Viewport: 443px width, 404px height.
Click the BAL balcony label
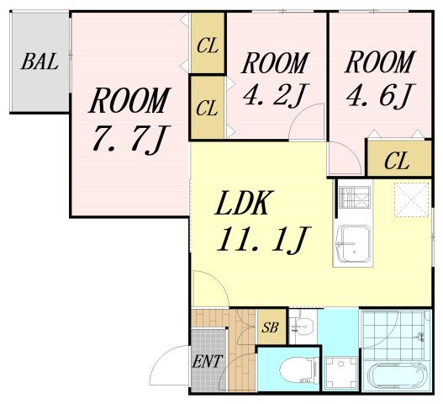pyautogui.click(x=40, y=61)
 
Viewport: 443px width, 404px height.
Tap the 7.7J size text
pyautogui.click(x=131, y=140)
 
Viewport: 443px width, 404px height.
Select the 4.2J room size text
pyautogui.click(x=276, y=95)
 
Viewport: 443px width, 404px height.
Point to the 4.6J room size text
pyautogui.click(x=380, y=95)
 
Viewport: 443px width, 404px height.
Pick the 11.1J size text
pyautogui.click(x=264, y=239)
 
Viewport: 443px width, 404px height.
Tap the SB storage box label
pyautogui.click(x=270, y=327)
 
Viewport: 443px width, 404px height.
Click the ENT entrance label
pyautogui.click(x=207, y=361)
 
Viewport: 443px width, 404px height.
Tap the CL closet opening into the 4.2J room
pyautogui.click(x=208, y=108)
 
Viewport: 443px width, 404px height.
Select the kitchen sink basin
pyautogui.click(x=353, y=244)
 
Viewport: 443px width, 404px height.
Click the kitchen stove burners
pyautogui.click(x=354, y=198)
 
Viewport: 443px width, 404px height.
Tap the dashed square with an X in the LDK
pyautogui.click(x=411, y=199)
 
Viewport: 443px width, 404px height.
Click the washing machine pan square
pyautogui.click(x=341, y=373)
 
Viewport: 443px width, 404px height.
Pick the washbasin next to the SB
pyautogui.click(x=303, y=326)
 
